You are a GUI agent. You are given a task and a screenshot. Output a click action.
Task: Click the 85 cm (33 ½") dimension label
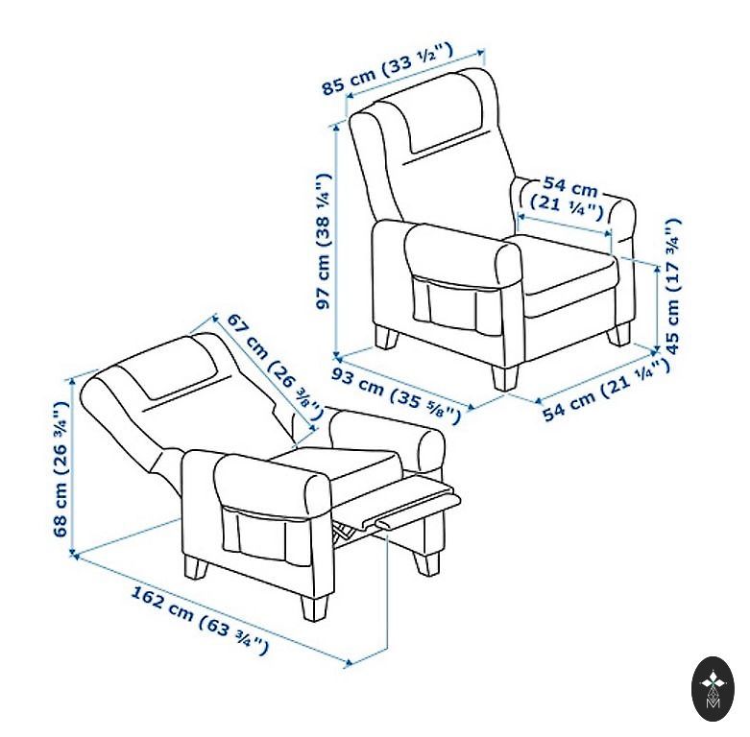point(386,69)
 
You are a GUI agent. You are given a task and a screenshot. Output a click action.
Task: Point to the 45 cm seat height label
point(671,286)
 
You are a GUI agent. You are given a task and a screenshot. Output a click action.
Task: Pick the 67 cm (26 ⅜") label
point(274,366)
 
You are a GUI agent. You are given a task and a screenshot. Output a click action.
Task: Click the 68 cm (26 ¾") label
point(60,469)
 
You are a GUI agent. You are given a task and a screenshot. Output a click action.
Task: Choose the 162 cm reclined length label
point(200,621)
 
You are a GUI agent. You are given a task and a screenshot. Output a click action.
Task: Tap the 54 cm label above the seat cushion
point(568,199)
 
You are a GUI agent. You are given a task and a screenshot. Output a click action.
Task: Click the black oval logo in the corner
point(713,690)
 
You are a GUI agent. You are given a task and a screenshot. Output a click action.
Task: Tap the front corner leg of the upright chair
point(504,376)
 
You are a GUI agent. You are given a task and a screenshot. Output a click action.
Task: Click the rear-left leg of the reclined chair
point(196,568)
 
